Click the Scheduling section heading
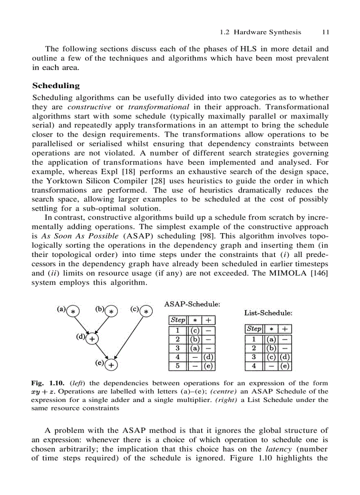(x=56, y=86)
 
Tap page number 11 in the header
(x=326, y=32)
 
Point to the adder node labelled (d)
(x=92, y=339)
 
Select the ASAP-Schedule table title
(x=192, y=304)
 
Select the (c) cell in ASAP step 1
(x=195, y=330)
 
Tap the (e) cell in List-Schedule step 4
(x=285, y=366)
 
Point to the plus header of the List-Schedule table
(x=285, y=329)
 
